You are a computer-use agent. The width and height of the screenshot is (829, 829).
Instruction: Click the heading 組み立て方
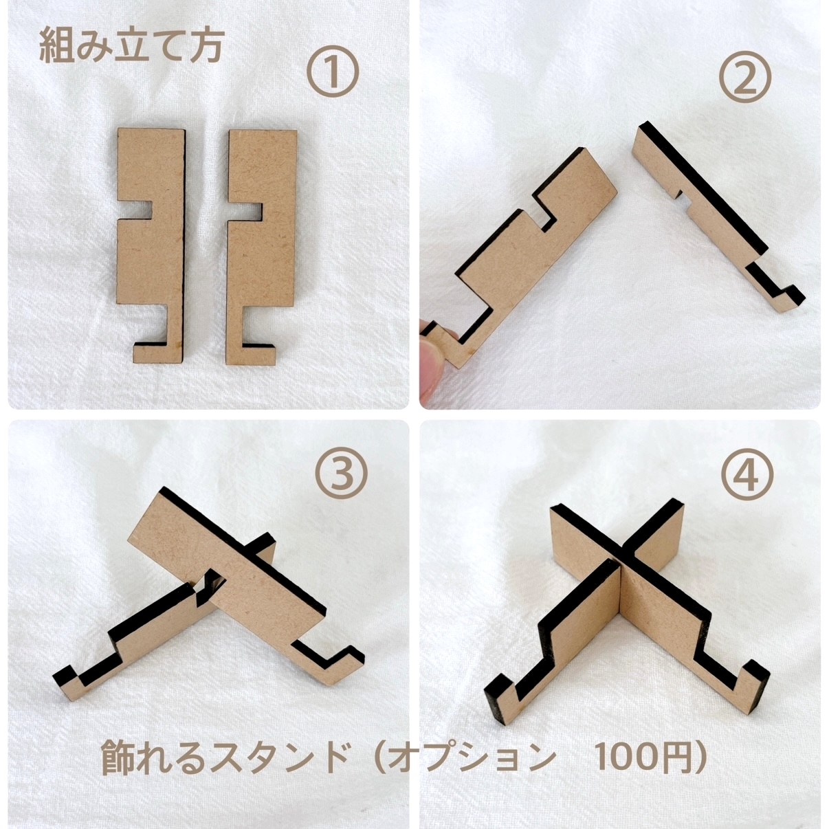click(x=131, y=47)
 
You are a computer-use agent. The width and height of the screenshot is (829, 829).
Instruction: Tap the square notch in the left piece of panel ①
click(x=135, y=210)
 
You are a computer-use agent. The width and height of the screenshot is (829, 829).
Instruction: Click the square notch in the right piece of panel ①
click(x=245, y=212)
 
